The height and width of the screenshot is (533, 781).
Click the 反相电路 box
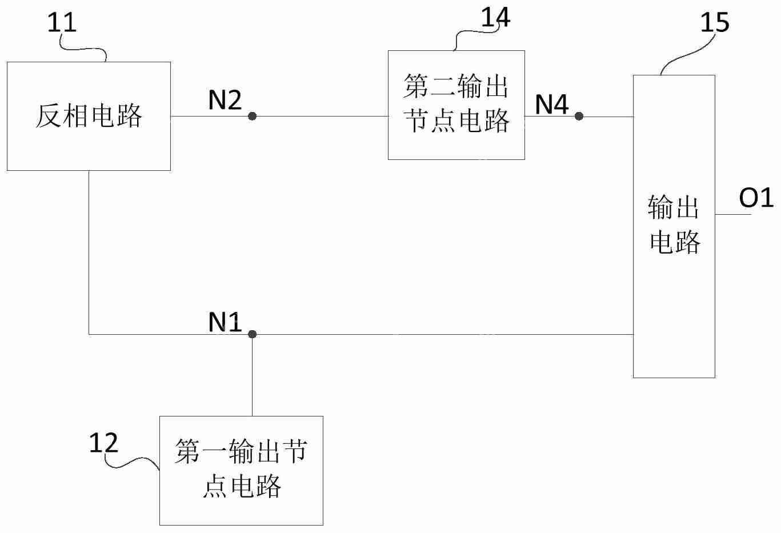pyautogui.click(x=89, y=116)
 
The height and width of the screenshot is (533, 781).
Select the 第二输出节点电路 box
pyautogui.click(x=456, y=105)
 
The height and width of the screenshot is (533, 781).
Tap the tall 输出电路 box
pyautogui.click(x=674, y=226)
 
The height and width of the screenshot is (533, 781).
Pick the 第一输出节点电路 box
pyautogui.click(x=241, y=470)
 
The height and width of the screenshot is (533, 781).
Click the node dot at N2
pyautogui.click(x=252, y=116)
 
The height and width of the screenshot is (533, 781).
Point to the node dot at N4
pyautogui.click(x=579, y=116)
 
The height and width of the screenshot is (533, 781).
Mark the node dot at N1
pyautogui.click(x=252, y=334)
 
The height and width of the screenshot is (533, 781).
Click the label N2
pyautogui.click(x=225, y=101)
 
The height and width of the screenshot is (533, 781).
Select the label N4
pyautogui.click(x=551, y=104)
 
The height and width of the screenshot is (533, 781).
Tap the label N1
pyautogui.click(x=225, y=323)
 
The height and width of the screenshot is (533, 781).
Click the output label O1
pyautogui.click(x=756, y=198)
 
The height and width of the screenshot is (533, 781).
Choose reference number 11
pyautogui.click(x=61, y=23)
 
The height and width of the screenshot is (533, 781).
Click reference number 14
pyautogui.click(x=495, y=17)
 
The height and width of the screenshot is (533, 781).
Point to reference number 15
pyautogui.click(x=714, y=23)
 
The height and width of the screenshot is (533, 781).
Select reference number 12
pyautogui.click(x=103, y=443)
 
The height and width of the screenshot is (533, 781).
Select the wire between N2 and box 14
pyautogui.click(x=320, y=116)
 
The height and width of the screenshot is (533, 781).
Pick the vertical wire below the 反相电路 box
pyautogui.click(x=89, y=251)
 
